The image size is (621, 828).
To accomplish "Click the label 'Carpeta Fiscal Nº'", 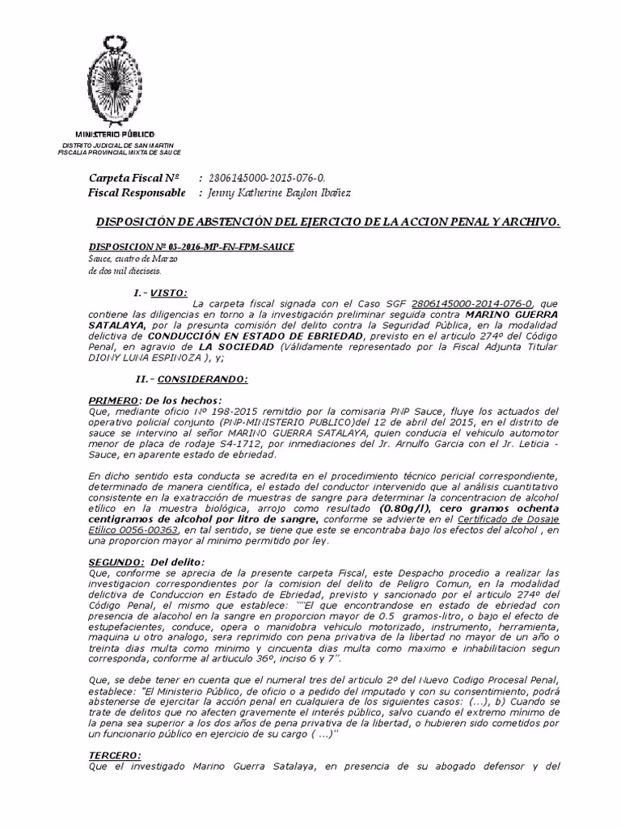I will pyautogui.click(x=133, y=178).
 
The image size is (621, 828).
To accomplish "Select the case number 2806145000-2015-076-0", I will pyautogui.click(x=258, y=178).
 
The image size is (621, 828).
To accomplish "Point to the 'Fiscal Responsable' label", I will pyautogui.click(x=137, y=192).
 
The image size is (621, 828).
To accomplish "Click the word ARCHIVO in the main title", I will pyautogui.click(x=530, y=222).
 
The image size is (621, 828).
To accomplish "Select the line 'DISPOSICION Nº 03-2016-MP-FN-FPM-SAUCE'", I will pyautogui.click(x=191, y=246).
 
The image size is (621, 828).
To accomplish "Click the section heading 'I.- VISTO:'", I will pyautogui.click(x=160, y=292).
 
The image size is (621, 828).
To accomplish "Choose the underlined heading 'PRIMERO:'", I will pyautogui.click(x=113, y=400).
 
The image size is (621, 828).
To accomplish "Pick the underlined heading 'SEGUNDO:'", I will pyautogui.click(x=116, y=562).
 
